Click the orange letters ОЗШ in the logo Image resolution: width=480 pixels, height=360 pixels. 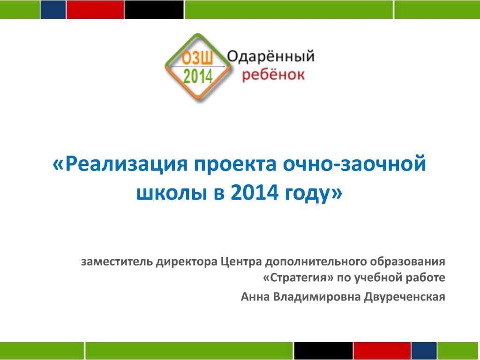(x=197, y=58)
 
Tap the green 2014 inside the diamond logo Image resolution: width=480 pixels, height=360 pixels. (x=198, y=76)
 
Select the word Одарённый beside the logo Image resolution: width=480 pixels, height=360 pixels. (x=270, y=56)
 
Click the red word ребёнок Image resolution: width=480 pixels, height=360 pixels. (x=273, y=75)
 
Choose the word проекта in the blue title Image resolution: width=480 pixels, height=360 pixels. (x=235, y=165)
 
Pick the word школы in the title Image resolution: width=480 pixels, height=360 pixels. (x=172, y=194)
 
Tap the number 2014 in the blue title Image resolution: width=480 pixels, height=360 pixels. (x=255, y=193)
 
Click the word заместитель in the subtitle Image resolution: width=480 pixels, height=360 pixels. (x=117, y=262)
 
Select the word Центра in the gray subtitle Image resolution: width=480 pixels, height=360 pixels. (x=241, y=262)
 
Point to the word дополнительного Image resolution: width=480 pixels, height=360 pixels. (x=316, y=262)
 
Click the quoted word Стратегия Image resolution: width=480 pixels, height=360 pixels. (x=299, y=278)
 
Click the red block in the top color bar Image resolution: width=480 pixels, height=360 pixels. (x=95, y=9)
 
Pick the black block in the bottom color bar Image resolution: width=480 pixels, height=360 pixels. (x=323, y=351)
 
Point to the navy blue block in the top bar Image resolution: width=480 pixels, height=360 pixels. (x=53, y=9)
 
